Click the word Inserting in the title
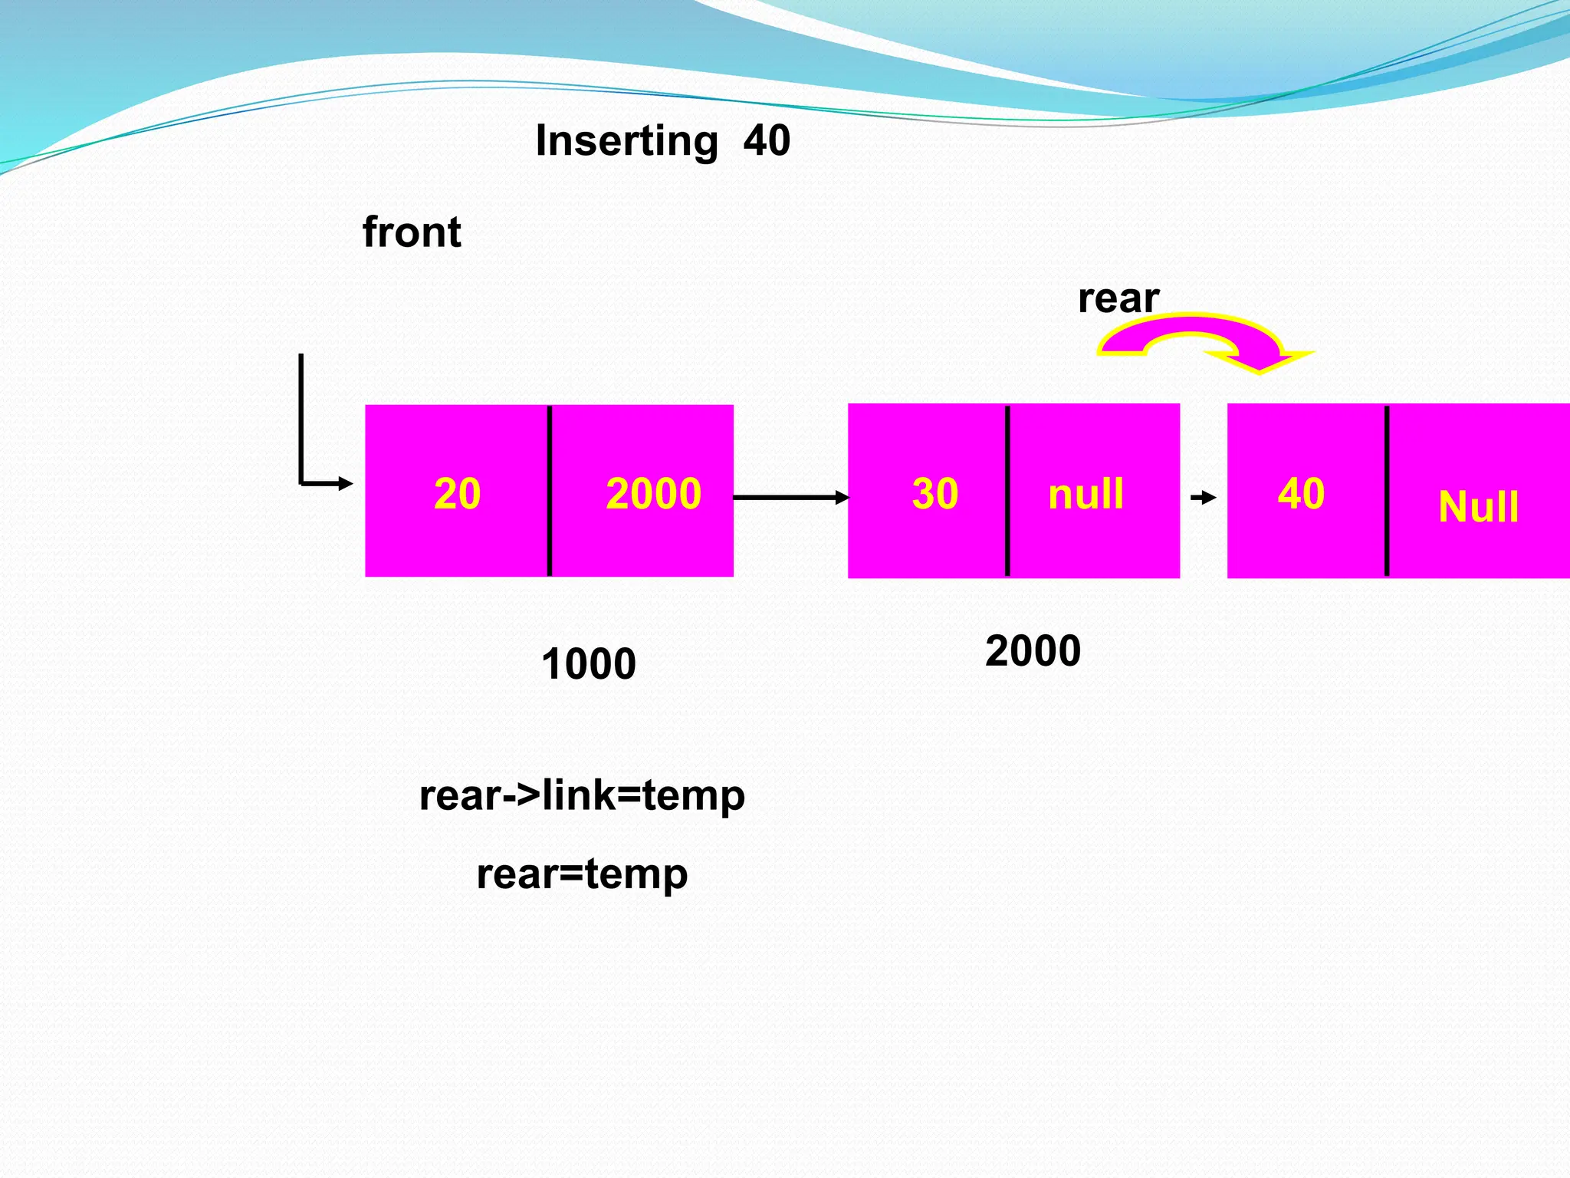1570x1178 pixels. (x=626, y=142)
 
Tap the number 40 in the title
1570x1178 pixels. (x=767, y=141)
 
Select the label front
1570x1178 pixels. (x=412, y=232)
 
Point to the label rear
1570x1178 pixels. (x=1118, y=298)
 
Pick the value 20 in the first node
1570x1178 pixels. (x=457, y=494)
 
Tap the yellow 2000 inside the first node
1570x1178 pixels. (x=653, y=494)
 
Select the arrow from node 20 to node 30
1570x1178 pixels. (x=790, y=498)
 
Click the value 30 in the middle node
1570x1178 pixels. (x=934, y=494)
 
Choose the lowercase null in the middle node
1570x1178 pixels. (x=1086, y=494)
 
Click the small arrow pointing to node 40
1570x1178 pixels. (x=1204, y=498)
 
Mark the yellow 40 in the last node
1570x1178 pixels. (x=1301, y=494)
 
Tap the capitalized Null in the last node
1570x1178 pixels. (x=1478, y=508)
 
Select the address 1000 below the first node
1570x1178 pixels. (x=588, y=664)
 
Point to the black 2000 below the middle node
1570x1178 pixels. (x=1033, y=651)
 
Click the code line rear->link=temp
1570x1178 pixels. (x=582, y=796)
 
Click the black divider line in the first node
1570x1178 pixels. (x=550, y=491)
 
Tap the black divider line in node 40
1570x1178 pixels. (x=1387, y=491)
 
